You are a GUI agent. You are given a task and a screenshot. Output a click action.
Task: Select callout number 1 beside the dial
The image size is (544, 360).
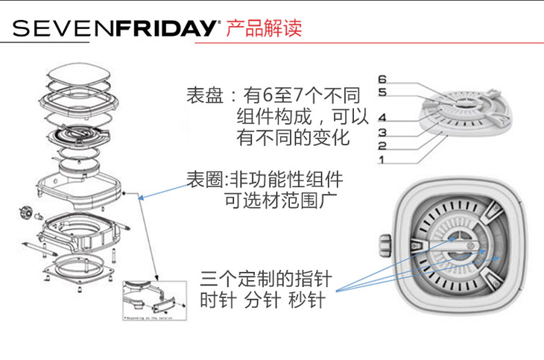[x=382, y=160]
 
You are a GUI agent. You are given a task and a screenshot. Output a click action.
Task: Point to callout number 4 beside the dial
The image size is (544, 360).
[x=382, y=118]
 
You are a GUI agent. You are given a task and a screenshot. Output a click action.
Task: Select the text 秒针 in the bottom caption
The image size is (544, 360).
[x=306, y=303]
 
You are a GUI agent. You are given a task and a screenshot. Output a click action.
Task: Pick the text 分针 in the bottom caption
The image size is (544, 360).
[x=262, y=303]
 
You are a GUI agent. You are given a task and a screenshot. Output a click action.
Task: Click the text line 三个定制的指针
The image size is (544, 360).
[x=265, y=281]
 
